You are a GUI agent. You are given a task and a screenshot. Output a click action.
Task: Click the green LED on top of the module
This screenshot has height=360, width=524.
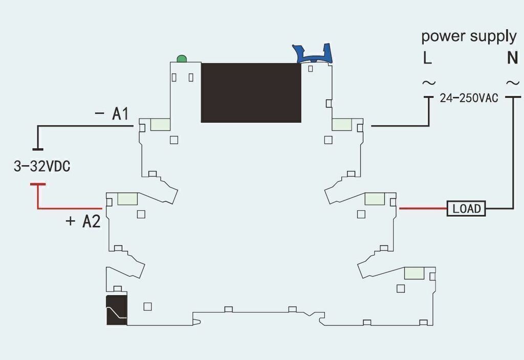click(x=182, y=59)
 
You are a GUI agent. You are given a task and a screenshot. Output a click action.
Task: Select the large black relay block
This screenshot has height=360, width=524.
click(x=251, y=93)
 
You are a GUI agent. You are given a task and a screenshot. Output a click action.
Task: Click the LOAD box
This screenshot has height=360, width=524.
click(x=466, y=209)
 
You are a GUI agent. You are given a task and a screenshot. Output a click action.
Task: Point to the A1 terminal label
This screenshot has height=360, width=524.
click(x=120, y=114)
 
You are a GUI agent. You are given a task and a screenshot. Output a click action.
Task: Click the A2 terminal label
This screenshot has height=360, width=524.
click(x=91, y=221)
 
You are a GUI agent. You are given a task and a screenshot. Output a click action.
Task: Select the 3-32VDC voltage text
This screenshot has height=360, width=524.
click(x=42, y=166)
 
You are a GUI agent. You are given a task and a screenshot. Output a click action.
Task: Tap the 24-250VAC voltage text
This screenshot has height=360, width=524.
click(x=469, y=98)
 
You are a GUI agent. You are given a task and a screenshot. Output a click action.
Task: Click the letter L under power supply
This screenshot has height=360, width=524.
click(x=427, y=58)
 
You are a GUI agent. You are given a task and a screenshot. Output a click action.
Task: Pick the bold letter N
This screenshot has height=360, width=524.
click(x=512, y=58)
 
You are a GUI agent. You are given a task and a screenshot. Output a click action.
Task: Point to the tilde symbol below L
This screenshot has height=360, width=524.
click(x=429, y=82)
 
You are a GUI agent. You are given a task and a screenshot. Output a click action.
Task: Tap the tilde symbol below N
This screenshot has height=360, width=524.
click(x=513, y=82)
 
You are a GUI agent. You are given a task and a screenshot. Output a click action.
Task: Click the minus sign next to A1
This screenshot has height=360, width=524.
click(x=99, y=114)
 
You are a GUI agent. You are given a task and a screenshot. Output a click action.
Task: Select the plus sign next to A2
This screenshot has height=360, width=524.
click(x=71, y=221)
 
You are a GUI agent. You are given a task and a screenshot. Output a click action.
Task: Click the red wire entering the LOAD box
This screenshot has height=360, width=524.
click(x=423, y=209)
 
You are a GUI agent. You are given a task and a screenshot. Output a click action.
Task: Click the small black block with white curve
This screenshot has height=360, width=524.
click(x=117, y=310)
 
